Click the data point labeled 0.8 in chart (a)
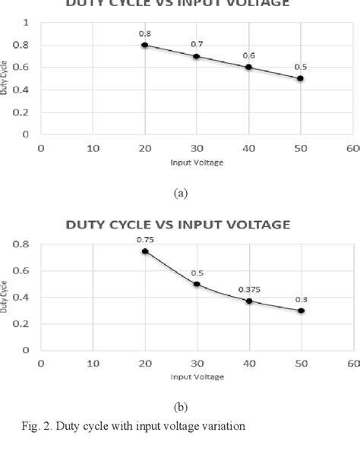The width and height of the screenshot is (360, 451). pos(144,45)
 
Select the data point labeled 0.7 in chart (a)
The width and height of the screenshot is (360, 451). pos(197,56)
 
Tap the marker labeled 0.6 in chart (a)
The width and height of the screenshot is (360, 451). pos(248,67)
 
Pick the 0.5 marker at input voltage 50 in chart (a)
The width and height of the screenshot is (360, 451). pos(301,78)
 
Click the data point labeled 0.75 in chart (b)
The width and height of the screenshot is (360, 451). pos(144,251)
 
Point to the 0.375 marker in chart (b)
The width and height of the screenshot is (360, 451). pos(248,301)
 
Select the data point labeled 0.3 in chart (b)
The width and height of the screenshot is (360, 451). pos(301,311)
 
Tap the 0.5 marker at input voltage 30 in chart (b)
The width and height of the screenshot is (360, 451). pos(197,284)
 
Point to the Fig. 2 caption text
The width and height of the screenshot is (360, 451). pos(133,426)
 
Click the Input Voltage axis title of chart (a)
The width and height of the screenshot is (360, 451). pos(197,162)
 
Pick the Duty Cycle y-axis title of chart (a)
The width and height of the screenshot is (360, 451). pos(5,79)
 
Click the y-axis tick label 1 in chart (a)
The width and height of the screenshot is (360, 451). pos(26,23)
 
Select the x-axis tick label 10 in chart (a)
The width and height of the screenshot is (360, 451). pos(93,148)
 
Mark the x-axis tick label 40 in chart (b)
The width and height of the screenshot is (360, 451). pos(248,363)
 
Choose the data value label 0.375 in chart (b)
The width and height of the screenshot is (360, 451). pos(248,289)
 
